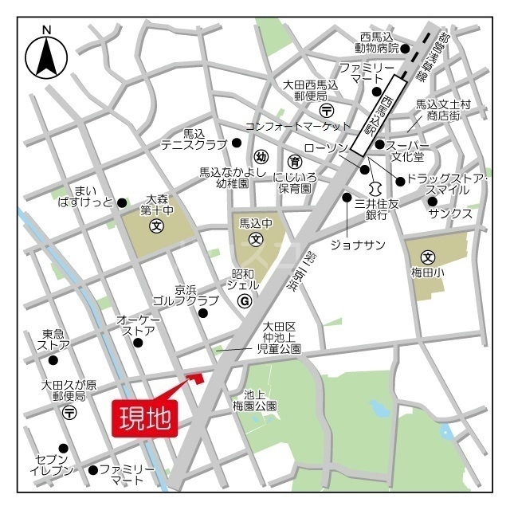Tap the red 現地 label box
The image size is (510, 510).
point(146,417)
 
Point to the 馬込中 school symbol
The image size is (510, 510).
point(257,238)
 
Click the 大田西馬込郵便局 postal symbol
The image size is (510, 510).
point(326,109)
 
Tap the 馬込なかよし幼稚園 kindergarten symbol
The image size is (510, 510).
point(261,157)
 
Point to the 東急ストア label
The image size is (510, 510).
point(53,340)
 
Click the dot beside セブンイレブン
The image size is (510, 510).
point(63,447)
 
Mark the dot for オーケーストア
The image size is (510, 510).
point(139,343)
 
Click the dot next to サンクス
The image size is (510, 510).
point(432,201)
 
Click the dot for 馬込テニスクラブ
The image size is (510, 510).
point(236,143)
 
